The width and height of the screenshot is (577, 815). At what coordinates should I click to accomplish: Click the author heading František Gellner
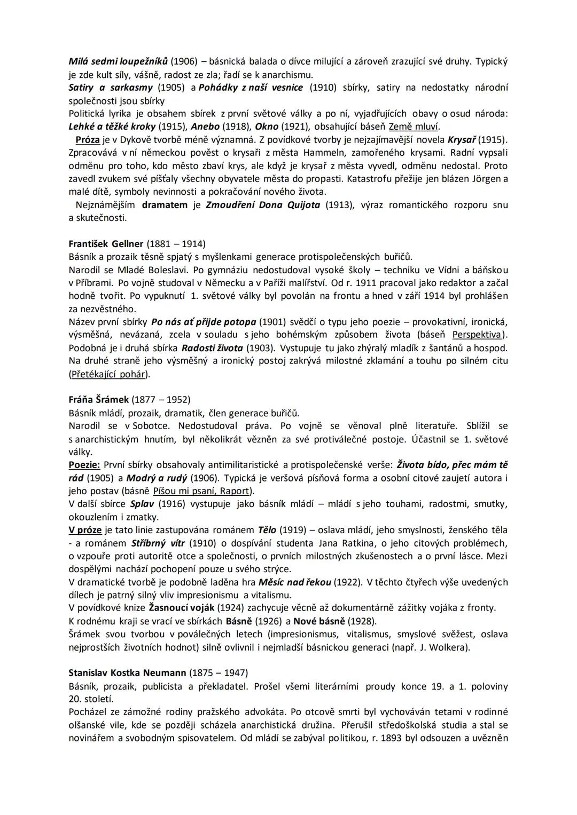pyautogui.click(x=106, y=244)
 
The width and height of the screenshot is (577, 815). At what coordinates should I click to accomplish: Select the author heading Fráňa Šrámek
pyautogui.click(x=99, y=400)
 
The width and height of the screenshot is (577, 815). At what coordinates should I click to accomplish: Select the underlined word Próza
pyautogui.click(x=88, y=140)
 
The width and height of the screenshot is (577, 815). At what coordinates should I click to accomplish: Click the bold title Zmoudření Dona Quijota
pyautogui.click(x=263, y=205)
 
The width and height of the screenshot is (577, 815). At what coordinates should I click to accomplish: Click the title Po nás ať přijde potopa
pyautogui.click(x=204, y=322)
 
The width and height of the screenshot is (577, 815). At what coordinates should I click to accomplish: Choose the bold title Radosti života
pyautogui.click(x=212, y=348)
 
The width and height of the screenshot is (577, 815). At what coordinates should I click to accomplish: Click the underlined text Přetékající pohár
pyautogui.click(x=109, y=374)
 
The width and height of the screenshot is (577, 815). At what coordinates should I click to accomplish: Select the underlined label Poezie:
pyautogui.click(x=84, y=465)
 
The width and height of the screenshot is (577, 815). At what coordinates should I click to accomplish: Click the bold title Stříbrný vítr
pyautogui.click(x=156, y=543)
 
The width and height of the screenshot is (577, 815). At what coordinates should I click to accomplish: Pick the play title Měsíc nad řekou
pyautogui.click(x=294, y=582)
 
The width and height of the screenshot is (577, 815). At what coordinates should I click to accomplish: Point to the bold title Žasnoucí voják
pyautogui.click(x=181, y=608)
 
